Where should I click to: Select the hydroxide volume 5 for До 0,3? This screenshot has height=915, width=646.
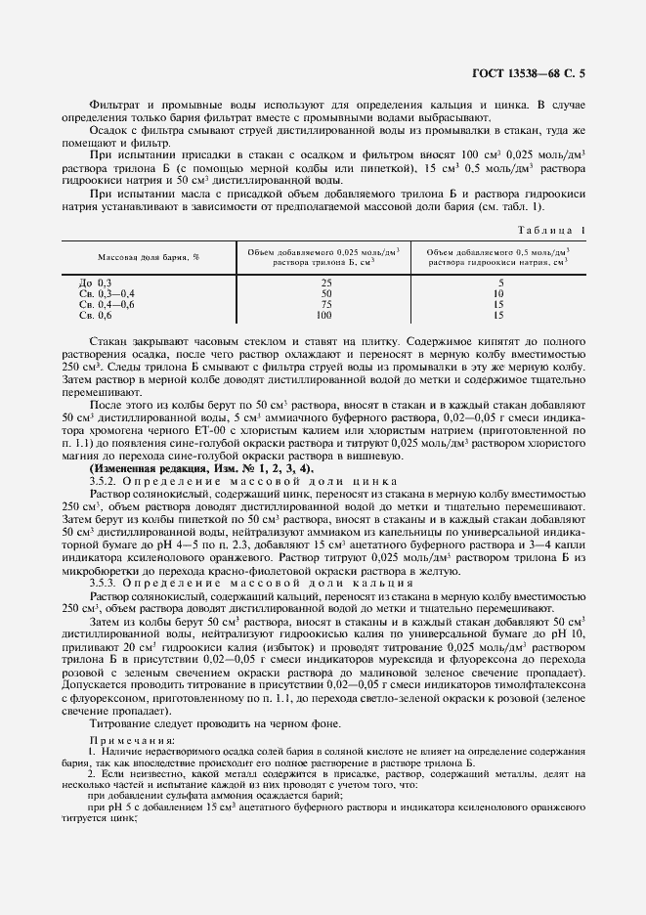498,283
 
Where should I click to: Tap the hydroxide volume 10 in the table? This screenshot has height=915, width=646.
498,293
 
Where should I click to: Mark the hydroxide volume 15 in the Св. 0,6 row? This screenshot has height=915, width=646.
498,316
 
